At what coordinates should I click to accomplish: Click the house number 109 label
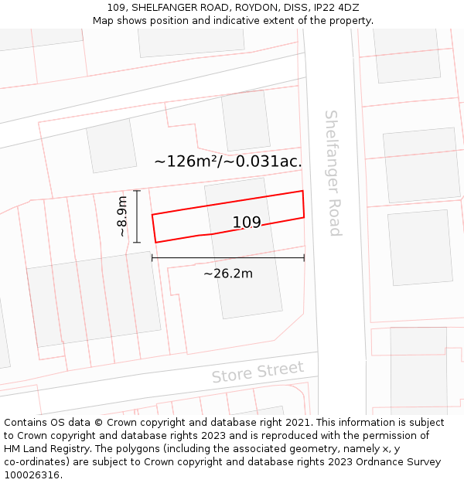pos(247,223)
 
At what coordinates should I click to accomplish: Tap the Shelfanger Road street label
pos(332,173)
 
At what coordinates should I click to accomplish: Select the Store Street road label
pos(258,372)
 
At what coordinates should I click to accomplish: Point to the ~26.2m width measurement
pos(228,273)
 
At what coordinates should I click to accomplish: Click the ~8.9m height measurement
pos(121,216)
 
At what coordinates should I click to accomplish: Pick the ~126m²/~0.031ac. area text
pos(227,162)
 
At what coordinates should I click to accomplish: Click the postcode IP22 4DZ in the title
pos(336,7)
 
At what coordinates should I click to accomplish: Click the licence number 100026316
pos(33,474)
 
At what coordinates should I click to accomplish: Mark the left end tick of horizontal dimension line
pos(152,258)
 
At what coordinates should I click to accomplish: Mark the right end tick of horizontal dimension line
pos(304,258)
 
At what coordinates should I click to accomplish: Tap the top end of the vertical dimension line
pos(137,190)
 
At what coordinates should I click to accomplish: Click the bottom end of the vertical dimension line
pos(137,243)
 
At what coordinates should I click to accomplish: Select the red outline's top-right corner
pos(302,191)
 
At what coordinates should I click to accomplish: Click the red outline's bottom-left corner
pos(155,243)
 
